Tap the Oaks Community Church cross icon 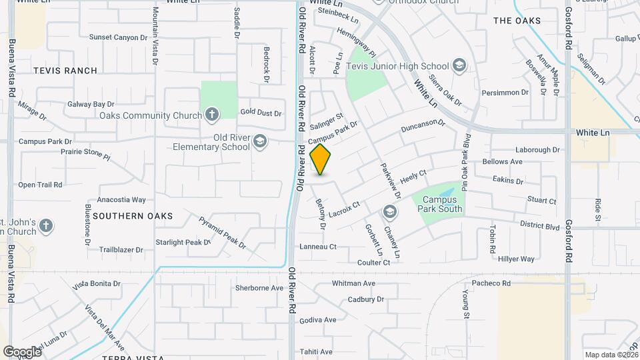(x=212, y=115)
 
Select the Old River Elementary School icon (x=259, y=141)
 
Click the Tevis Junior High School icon (x=459, y=66)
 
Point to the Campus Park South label (x=441, y=204)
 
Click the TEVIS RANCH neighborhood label (x=65, y=71)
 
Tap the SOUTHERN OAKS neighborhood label (x=133, y=216)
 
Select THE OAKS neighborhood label (x=517, y=21)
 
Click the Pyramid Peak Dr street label (x=223, y=231)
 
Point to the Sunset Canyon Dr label (x=118, y=37)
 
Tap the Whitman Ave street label (x=353, y=283)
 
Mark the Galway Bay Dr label (x=91, y=105)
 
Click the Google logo (x=21, y=351)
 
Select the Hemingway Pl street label (x=357, y=42)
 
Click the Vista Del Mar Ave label (x=105, y=328)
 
